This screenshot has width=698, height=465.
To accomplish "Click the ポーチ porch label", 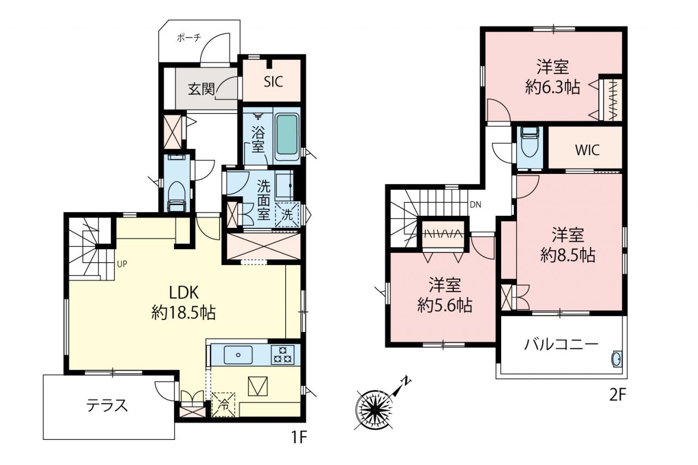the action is tap(189, 38).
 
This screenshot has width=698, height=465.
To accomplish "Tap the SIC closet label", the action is tap(274, 82).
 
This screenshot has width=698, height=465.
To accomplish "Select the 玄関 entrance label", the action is tap(202, 89).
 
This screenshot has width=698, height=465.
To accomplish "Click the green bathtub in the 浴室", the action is tap(287, 134).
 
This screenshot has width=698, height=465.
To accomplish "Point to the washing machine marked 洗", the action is tap(287, 215).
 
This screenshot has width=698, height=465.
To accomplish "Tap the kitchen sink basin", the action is tap(238, 355).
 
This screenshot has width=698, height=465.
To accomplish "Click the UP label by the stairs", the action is tap(122, 264).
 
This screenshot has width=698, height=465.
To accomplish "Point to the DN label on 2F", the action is tap(476, 204).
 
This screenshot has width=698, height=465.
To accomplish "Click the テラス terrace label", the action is tap(107, 406).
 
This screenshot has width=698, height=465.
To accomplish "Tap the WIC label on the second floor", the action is tap(587, 150).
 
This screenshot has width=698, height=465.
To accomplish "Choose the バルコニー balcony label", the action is tap(561, 345).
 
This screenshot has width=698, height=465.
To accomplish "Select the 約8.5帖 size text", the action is tap(568, 255).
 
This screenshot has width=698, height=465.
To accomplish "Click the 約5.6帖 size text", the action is tap(444, 305).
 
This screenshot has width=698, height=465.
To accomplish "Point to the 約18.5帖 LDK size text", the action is tap(184, 312).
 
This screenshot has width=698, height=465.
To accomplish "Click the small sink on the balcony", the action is tap(617, 359).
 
